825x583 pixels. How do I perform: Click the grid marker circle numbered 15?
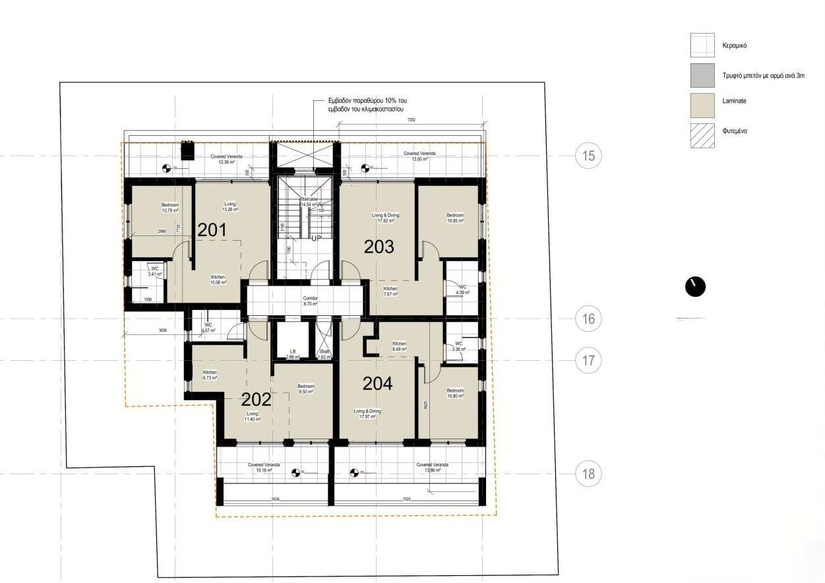coord(589,156)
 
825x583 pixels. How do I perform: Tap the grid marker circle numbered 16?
coord(589,319)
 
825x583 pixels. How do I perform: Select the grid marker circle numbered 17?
coord(589,360)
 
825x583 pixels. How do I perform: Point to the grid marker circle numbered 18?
coord(589,474)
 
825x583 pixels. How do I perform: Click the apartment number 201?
coord(212,230)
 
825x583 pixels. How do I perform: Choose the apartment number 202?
coord(257,399)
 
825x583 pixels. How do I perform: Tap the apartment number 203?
coord(379,247)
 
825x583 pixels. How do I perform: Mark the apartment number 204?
coord(377,383)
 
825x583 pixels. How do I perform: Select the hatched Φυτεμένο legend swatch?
coord(702,135)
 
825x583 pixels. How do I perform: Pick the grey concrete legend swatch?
coord(702,75)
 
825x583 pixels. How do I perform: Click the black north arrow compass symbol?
coord(695,286)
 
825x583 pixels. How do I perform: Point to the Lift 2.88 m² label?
coord(293,354)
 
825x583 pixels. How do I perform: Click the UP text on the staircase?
coord(315,238)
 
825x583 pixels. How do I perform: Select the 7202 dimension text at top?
coord(411,120)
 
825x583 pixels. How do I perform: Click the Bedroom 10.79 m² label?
coord(169,208)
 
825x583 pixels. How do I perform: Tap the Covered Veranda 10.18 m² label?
coord(264,468)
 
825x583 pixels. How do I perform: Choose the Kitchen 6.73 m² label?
coord(210,375)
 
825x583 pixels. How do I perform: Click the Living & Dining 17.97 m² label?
coord(367,414)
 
